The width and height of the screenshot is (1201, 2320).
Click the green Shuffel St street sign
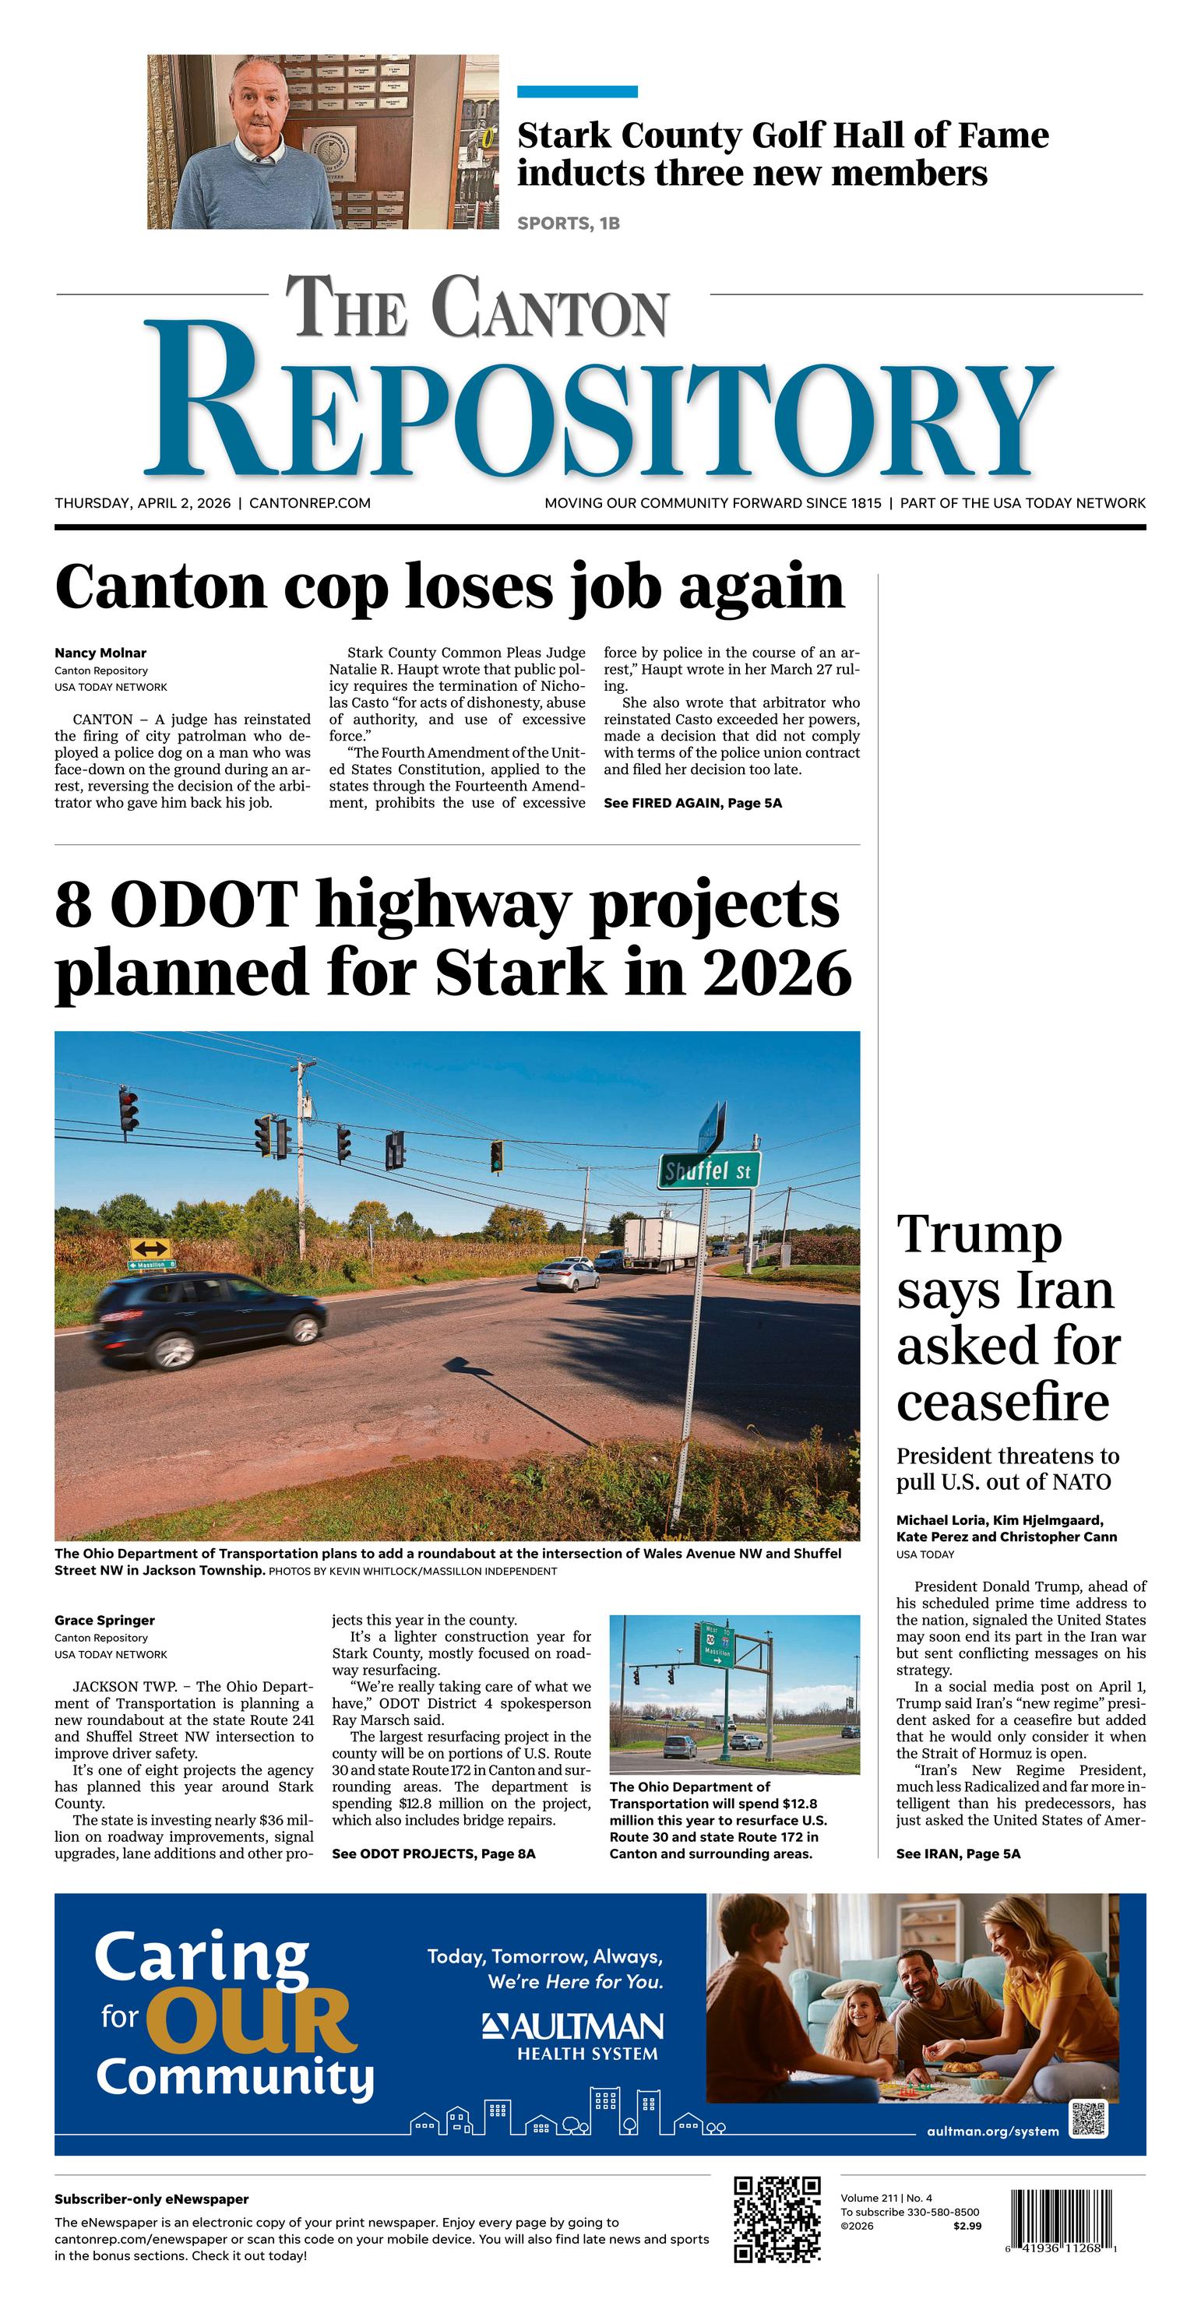(708, 1171)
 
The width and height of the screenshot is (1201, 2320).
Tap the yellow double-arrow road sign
(150, 1249)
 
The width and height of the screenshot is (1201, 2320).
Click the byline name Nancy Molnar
(100, 653)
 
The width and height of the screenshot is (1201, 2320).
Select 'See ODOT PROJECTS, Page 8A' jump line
(433, 1854)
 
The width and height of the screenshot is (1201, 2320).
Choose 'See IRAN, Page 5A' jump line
(958, 1854)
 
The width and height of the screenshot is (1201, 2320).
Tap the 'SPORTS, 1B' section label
(569, 224)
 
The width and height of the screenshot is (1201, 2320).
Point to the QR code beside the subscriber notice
(777, 2219)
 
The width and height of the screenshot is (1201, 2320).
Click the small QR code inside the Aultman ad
(1088, 2119)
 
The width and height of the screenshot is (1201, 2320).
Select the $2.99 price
(967, 2227)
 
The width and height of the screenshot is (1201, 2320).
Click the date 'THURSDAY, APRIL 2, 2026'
(143, 503)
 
